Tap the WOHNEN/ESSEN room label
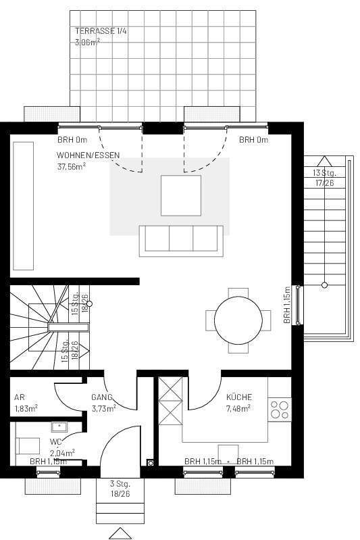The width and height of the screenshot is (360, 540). (88, 155)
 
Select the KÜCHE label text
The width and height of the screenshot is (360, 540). (238, 398)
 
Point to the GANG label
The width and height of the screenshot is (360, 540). (101, 397)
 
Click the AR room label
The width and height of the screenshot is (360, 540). (19, 397)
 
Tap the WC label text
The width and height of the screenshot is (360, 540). (55, 442)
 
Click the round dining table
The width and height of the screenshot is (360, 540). (238, 321)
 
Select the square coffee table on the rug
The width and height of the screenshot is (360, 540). (180, 195)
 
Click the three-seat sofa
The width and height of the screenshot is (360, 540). (180, 241)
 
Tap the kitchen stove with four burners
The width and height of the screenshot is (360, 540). (279, 410)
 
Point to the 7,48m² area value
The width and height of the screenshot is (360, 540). (238, 408)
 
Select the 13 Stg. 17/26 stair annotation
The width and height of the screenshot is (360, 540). (324, 177)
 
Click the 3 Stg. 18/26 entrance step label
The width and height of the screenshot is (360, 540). (120, 489)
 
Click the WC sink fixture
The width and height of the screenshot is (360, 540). (58, 426)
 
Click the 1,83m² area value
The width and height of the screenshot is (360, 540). (26, 408)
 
